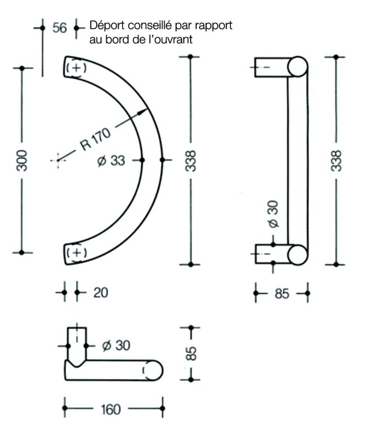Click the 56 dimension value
[x=60, y=28]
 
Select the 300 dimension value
[x=22, y=161]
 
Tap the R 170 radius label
[x=96, y=139]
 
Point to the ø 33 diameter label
[x=111, y=161]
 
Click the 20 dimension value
[x=101, y=293]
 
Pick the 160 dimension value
[x=111, y=409]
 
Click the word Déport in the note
[x=107, y=26]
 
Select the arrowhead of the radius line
[x=142, y=112]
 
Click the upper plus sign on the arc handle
[x=76, y=68]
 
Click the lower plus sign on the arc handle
[x=77, y=252]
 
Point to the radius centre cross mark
[x=58, y=160]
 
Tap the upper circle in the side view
[x=298, y=67]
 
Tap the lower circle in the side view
[x=298, y=255]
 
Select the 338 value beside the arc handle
[x=191, y=161]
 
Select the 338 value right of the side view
[x=336, y=161]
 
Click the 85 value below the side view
[x=282, y=294]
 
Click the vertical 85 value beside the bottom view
[x=192, y=354]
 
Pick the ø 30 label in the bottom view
[x=116, y=346]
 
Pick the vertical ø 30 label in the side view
[x=274, y=214]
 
